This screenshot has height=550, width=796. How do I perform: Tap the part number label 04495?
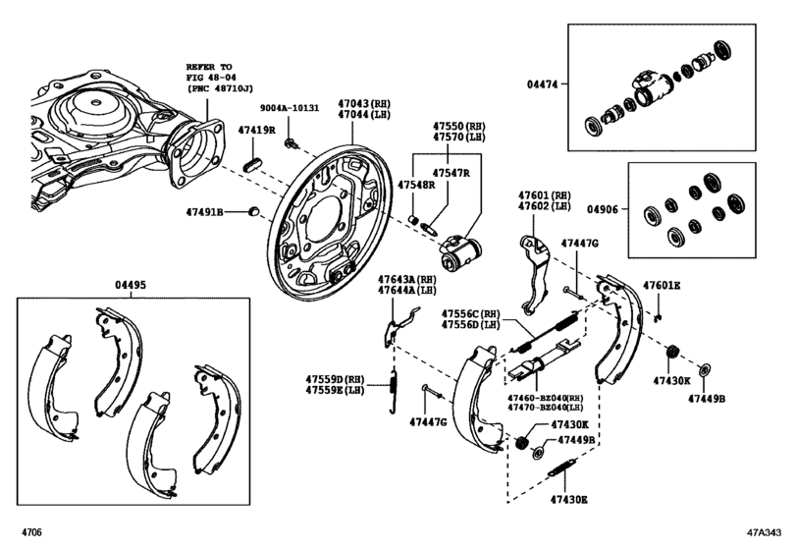pos(130,285)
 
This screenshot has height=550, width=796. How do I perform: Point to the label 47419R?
pos(258,131)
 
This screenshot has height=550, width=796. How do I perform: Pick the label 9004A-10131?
pos(291,110)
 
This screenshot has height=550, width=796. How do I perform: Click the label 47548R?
pos(415,184)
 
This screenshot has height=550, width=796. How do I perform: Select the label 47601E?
pos(662,286)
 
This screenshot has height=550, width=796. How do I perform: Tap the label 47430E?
pos(569,500)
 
